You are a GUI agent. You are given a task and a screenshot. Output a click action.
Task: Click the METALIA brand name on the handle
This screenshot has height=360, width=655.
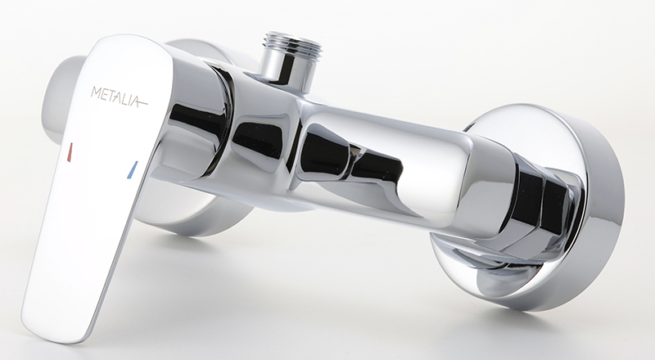[x=119, y=97]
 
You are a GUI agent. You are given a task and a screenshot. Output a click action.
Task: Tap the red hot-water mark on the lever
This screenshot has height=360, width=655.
[x=70, y=152]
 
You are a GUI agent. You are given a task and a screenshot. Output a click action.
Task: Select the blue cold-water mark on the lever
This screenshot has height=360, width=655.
[x=132, y=169]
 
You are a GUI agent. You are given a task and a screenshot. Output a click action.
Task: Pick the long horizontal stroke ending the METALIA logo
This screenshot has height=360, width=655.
[x=138, y=101]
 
